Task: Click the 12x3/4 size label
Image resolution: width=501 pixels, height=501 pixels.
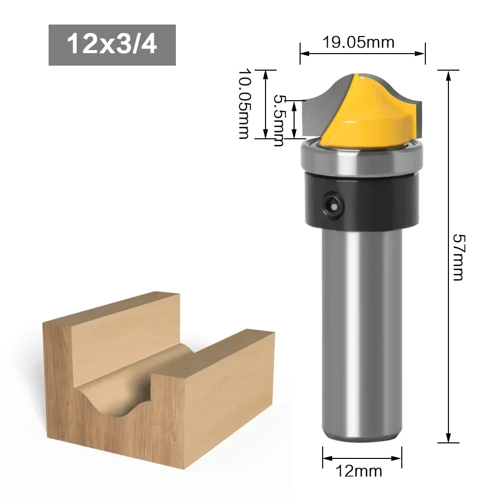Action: coord(112,45)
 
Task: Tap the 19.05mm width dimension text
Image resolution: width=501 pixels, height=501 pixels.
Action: coord(358,42)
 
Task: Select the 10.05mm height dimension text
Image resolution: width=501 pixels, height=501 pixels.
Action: coord(244,104)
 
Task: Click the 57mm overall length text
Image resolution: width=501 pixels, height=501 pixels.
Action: coord(457,257)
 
